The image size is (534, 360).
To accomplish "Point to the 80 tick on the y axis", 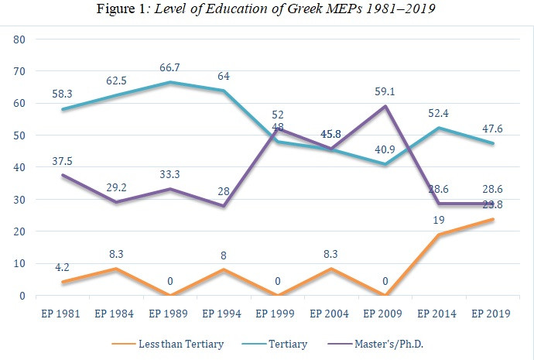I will coord(19,39).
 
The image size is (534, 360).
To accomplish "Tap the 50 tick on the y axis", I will coord(19,135).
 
